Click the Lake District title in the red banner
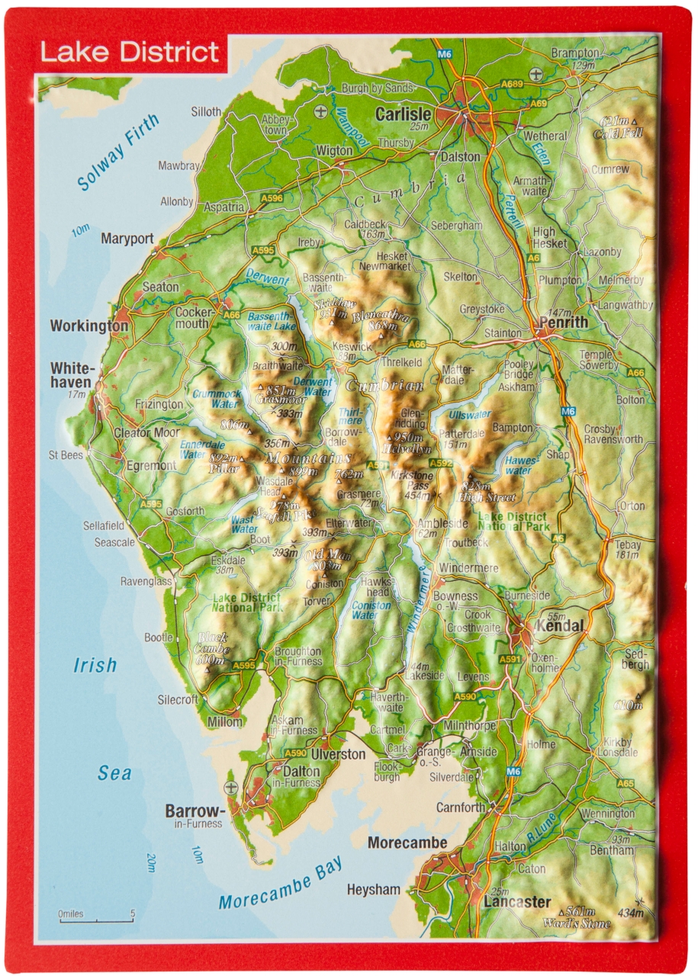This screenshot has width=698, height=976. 130,53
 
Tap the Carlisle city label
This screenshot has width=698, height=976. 404,114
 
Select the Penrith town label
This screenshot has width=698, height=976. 563,322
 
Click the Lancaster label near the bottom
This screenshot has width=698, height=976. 516,902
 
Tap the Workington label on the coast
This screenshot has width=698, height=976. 89,326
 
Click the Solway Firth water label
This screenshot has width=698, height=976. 119,152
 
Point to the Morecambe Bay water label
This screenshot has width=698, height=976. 280,882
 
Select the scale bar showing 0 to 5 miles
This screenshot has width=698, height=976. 97,916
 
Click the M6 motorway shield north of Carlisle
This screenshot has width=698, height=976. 445,55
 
